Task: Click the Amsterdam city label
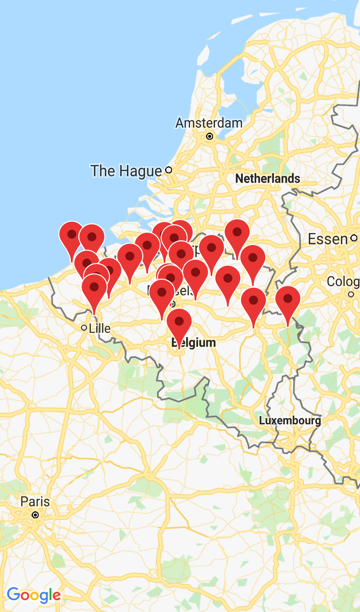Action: [209, 123]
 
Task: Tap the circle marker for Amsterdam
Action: [209, 136]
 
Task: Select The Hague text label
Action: [126, 171]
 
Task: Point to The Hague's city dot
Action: [169, 170]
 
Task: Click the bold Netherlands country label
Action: [268, 178]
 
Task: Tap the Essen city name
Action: [328, 239]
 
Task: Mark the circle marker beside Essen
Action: [354, 238]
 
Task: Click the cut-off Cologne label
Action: [343, 282]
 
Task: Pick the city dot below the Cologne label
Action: [351, 294]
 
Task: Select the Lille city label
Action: [100, 328]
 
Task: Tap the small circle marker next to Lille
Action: [84, 328]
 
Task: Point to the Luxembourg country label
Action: [290, 420]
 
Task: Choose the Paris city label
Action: [35, 502]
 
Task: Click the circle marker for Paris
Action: [35, 515]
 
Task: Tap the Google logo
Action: [34, 595]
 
